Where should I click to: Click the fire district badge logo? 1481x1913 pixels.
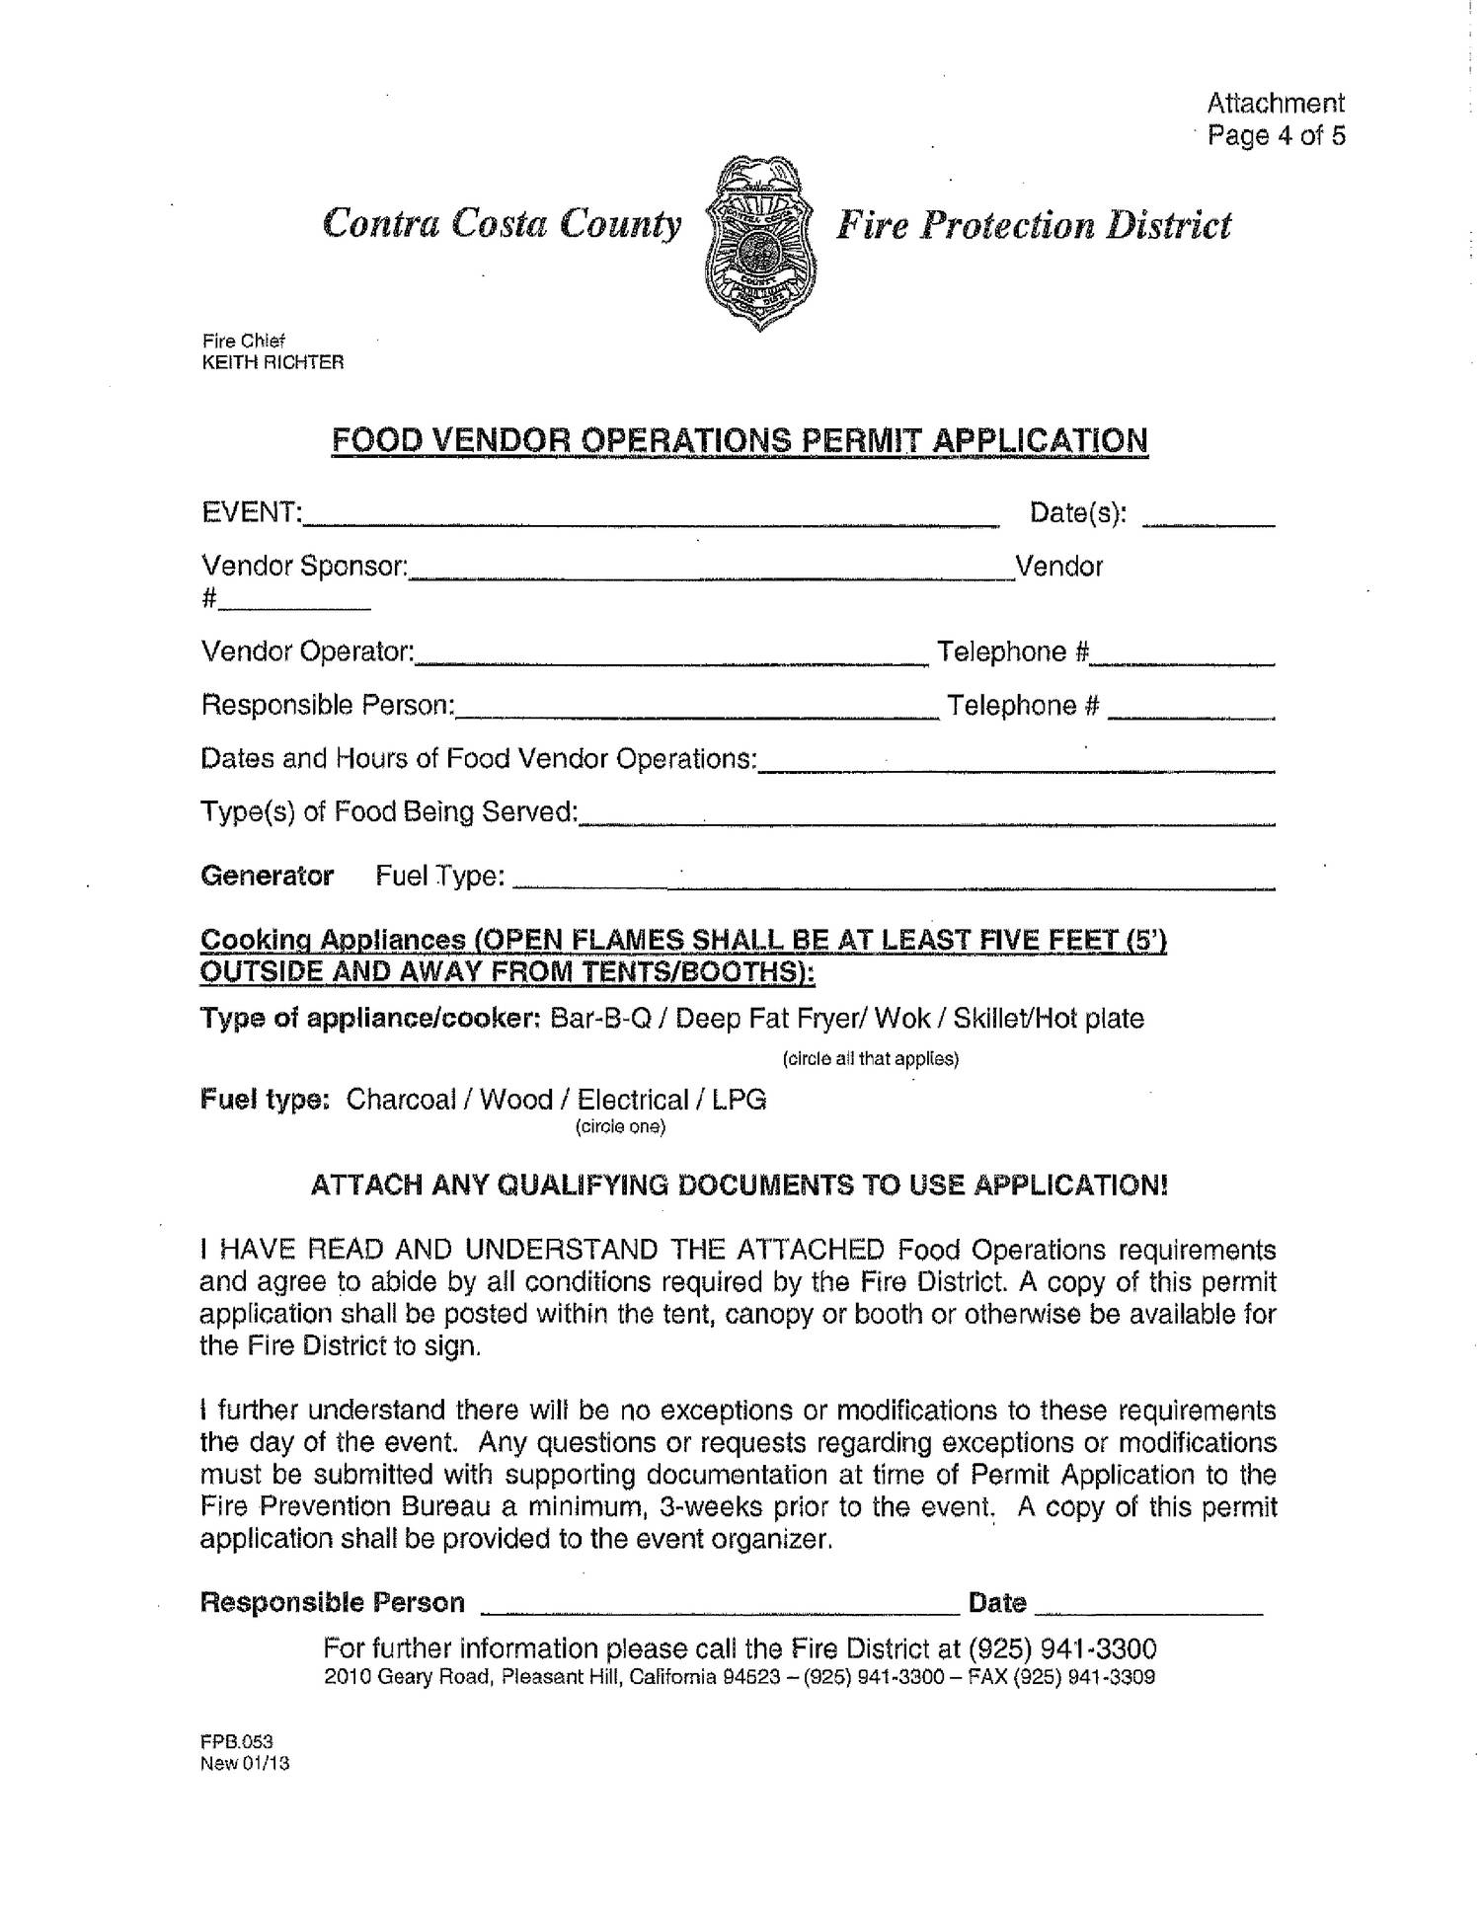[758, 242]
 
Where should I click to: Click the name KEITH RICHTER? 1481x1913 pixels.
[273, 362]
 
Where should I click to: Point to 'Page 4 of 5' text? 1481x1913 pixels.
[1277, 135]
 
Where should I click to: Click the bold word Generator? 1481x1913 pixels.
[267, 876]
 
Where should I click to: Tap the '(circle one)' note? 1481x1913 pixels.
[620, 1126]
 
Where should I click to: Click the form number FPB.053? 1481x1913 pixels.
[236, 1742]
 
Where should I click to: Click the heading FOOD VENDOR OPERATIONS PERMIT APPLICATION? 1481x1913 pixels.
[739, 439]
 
